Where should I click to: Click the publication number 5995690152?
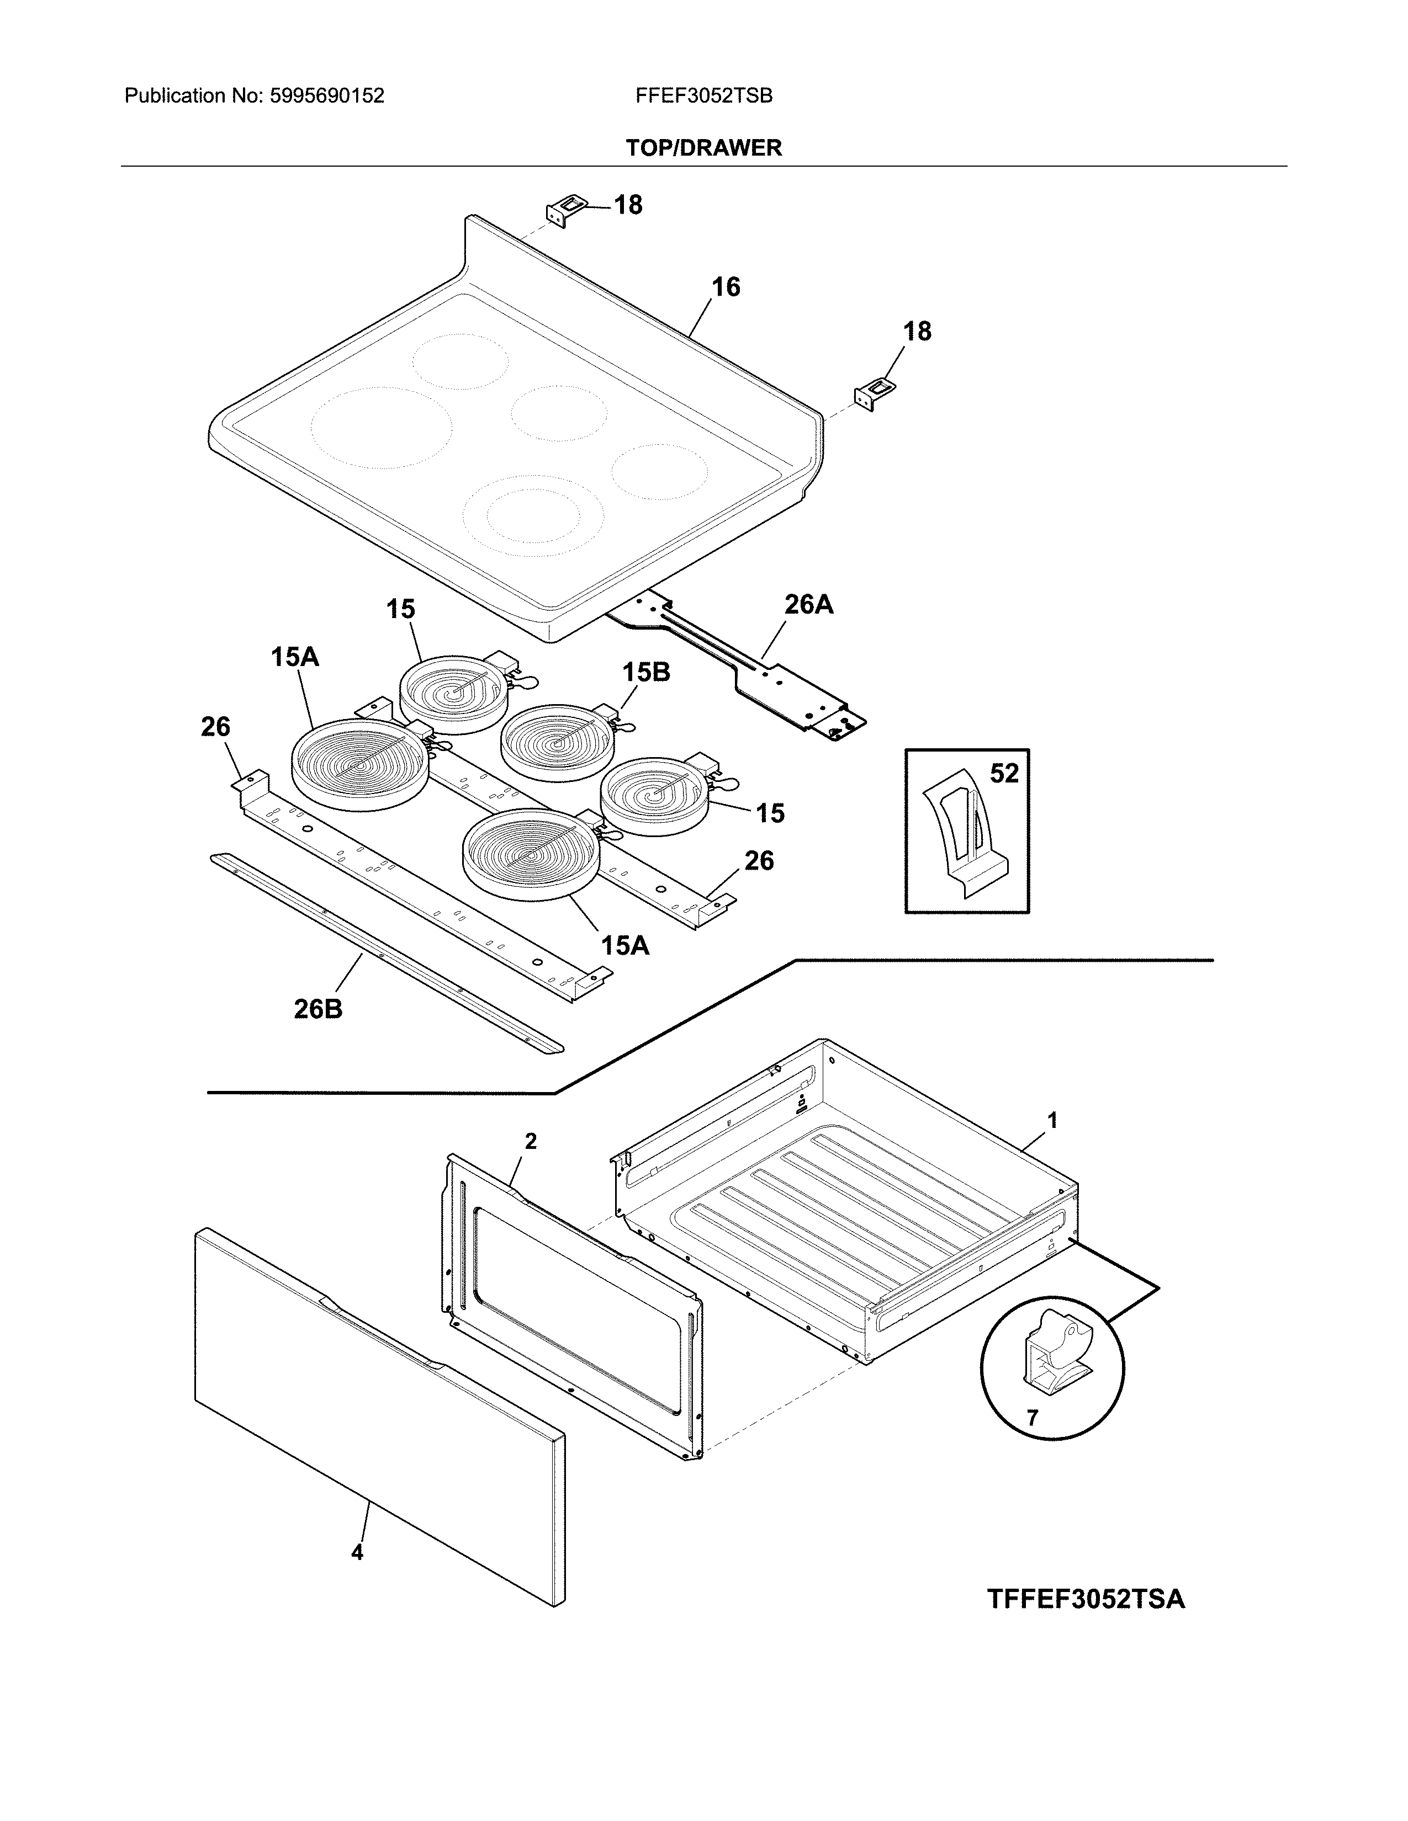tap(326, 96)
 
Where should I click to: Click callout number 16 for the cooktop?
tap(725, 287)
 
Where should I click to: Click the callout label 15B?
tap(645, 672)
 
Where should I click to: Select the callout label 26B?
tap(318, 1009)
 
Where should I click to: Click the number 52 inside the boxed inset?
tap(1004, 774)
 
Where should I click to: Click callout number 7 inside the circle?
tap(1032, 1418)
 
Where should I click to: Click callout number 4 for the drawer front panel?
tap(357, 1552)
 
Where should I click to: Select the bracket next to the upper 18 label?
tap(565, 209)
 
